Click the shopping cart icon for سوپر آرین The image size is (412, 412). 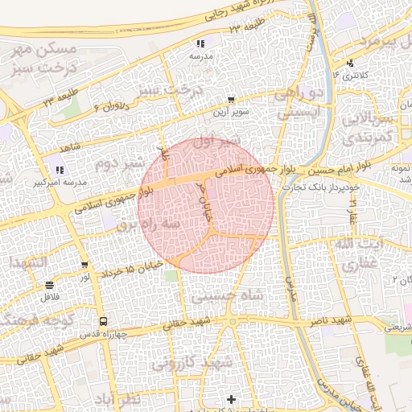pyautogui.click(x=232, y=101)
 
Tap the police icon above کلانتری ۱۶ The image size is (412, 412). pyautogui.click(x=348, y=63)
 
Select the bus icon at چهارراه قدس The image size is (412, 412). pyautogui.click(x=101, y=322)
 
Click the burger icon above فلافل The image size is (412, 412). pyautogui.click(x=50, y=285)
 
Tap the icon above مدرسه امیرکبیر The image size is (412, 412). pyautogui.click(x=60, y=169)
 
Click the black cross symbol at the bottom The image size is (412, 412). pyautogui.click(x=232, y=399)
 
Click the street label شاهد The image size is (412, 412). pyautogui.click(x=72, y=147)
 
